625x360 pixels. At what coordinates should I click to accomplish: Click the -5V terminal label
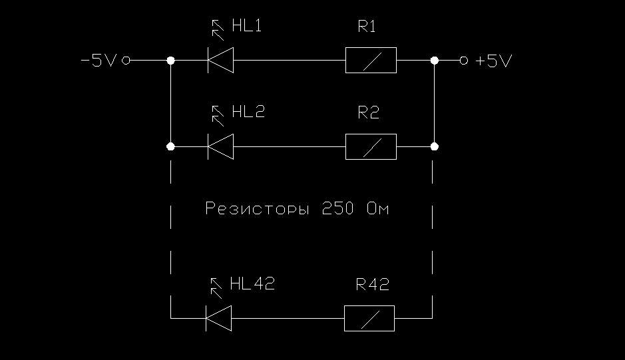pyautogui.click(x=98, y=61)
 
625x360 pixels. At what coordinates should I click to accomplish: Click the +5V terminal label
pyautogui.click(x=493, y=61)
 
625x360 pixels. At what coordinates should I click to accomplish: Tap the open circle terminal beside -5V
pyautogui.click(x=126, y=61)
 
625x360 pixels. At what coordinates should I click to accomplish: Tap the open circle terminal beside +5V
pyautogui.click(x=464, y=61)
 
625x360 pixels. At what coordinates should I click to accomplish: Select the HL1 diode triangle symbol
pyautogui.click(x=220, y=61)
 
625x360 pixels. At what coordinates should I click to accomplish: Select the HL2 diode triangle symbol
pyautogui.click(x=220, y=146)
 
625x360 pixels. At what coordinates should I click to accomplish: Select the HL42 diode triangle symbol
pyautogui.click(x=218, y=318)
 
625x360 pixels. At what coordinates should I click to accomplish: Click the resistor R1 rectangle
pyautogui.click(x=371, y=61)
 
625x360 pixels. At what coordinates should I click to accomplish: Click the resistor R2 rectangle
pyautogui.click(x=371, y=146)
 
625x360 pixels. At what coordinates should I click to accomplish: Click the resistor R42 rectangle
pyautogui.click(x=369, y=318)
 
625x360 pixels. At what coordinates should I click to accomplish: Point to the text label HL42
pyautogui.click(x=252, y=284)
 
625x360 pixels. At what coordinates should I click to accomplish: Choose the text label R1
pyautogui.click(x=367, y=27)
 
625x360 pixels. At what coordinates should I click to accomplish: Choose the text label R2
pyautogui.click(x=369, y=112)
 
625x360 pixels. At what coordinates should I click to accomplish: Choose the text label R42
pyautogui.click(x=372, y=284)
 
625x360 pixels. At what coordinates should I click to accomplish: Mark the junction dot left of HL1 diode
pyautogui.click(x=171, y=61)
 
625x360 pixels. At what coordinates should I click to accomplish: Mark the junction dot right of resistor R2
pyautogui.click(x=435, y=146)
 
